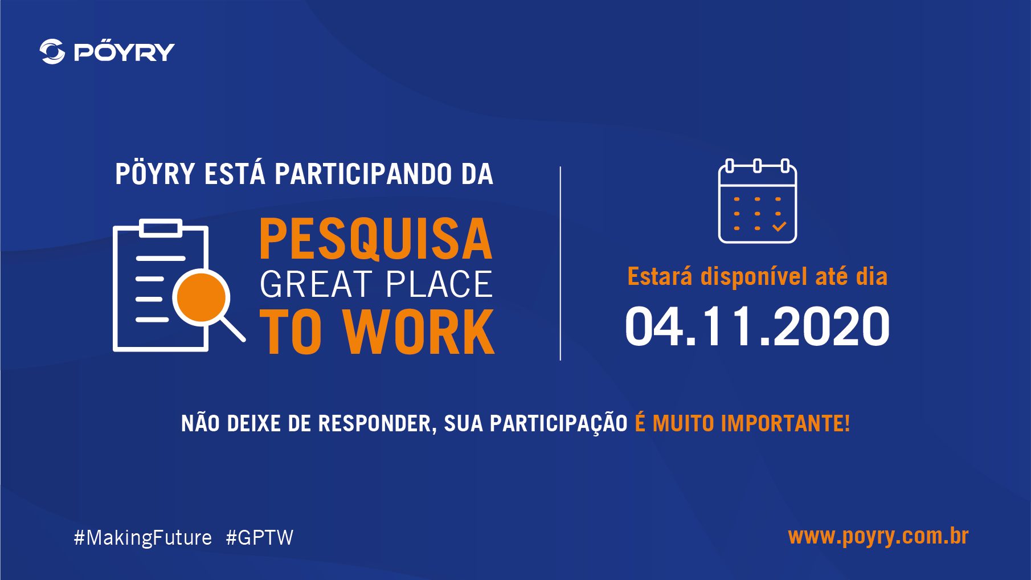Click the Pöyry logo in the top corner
(x=107, y=51)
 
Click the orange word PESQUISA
(x=376, y=239)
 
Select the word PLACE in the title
(x=439, y=284)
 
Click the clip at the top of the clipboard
(x=161, y=228)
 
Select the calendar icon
(x=758, y=201)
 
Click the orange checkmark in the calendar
(x=779, y=227)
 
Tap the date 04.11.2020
(x=758, y=326)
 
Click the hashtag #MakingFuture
(x=143, y=538)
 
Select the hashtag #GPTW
(x=260, y=538)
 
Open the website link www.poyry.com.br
(x=878, y=537)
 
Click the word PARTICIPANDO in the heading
(x=363, y=174)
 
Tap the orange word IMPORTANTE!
(x=785, y=424)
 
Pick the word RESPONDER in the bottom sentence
(x=377, y=424)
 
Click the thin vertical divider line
(x=560, y=263)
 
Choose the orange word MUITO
(x=683, y=424)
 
